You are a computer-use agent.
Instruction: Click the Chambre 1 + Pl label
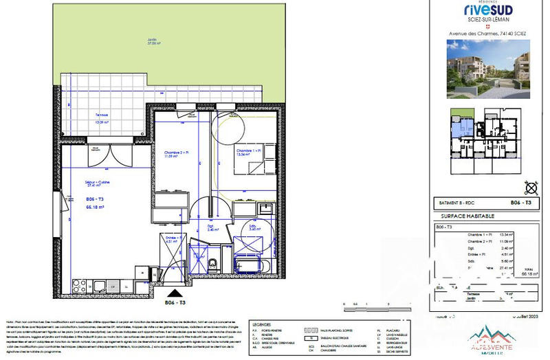click(x=248, y=150)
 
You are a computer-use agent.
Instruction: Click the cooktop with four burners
click(x=77, y=283)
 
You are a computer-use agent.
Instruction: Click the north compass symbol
click(x=530, y=186)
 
